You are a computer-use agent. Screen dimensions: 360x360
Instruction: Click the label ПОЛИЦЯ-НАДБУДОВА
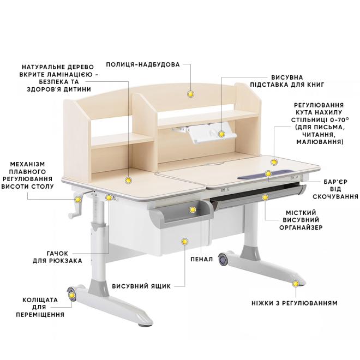(x=143, y=64)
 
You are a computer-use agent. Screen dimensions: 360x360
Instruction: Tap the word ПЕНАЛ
(x=202, y=259)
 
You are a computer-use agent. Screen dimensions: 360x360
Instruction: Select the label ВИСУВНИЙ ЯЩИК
(x=141, y=286)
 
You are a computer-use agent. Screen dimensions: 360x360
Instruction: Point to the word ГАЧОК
(x=57, y=254)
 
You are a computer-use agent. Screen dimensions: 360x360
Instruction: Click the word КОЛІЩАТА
(x=40, y=300)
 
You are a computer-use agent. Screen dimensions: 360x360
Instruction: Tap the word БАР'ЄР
(x=335, y=182)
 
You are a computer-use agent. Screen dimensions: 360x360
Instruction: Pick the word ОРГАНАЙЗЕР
(x=301, y=227)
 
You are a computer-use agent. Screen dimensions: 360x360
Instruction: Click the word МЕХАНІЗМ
(x=28, y=164)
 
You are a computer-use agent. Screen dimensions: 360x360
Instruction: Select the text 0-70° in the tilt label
(x=338, y=119)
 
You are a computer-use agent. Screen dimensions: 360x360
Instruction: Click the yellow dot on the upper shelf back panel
(x=190, y=94)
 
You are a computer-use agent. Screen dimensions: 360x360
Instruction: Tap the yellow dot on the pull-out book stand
(x=221, y=134)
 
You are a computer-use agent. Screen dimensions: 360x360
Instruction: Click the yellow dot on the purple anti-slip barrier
(x=268, y=173)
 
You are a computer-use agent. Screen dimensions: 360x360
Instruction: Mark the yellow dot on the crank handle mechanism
(x=78, y=200)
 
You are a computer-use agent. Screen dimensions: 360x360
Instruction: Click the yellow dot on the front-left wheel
(x=72, y=295)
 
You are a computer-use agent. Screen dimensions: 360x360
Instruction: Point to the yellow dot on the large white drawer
(x=184, y=242)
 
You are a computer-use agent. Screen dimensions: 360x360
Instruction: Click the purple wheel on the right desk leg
(x=222, y=260)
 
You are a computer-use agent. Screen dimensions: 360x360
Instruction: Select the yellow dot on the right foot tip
(x=296, y=284)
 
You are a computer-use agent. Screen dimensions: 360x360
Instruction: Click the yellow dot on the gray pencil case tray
(x=193, y=209)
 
